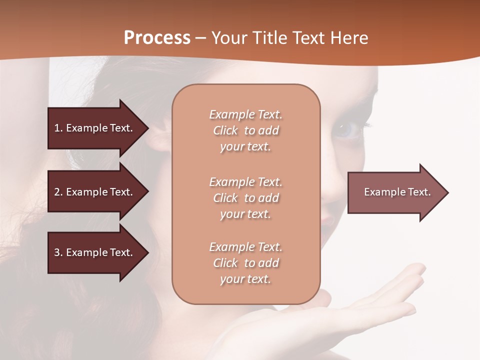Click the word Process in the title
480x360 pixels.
[x=157, y=38]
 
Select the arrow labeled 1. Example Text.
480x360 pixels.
[x=95, y=128]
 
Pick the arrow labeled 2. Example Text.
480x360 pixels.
[x=95, y=192]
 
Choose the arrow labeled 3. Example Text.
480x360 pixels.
[x=95, y=252]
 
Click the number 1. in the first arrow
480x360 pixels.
[x=58, y=128]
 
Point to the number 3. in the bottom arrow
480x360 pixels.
[x=58, y=252]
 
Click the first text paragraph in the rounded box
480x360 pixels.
[x=245, y=130]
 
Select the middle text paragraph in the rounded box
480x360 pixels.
[x=245, y=197]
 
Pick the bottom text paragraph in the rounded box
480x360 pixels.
[x=245, y=263]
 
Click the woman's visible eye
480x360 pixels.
[x=349, y=130]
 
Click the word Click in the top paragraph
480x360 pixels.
[x=225, y=130]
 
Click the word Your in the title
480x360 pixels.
[x=227, y=38]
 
